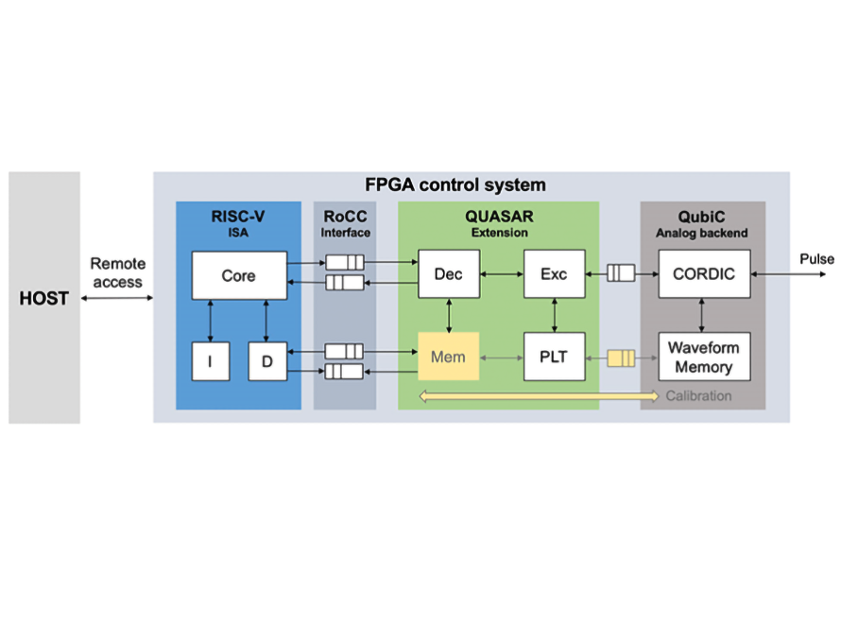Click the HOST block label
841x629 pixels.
(44, 299)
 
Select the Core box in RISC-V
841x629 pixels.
(238, 276)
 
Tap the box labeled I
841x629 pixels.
(210, 361)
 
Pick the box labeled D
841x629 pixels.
(266, 361)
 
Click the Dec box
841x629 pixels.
(449, 274)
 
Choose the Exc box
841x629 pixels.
(554, 274)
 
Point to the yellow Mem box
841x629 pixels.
(449, 358)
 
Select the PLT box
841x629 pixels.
(554, 358)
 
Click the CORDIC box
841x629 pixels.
(704, 274)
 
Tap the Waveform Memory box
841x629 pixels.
(704, 357)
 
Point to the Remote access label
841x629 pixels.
(117, 273)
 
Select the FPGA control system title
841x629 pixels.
(455, 184)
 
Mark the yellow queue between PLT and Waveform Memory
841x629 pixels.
(620, 358)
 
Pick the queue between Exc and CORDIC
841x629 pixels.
(620, 274)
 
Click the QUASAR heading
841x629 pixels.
(499, 216)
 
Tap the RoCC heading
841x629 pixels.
(344, 216)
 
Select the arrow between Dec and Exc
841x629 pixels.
(501, 274)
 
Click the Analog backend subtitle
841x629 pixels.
(702, 232)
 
